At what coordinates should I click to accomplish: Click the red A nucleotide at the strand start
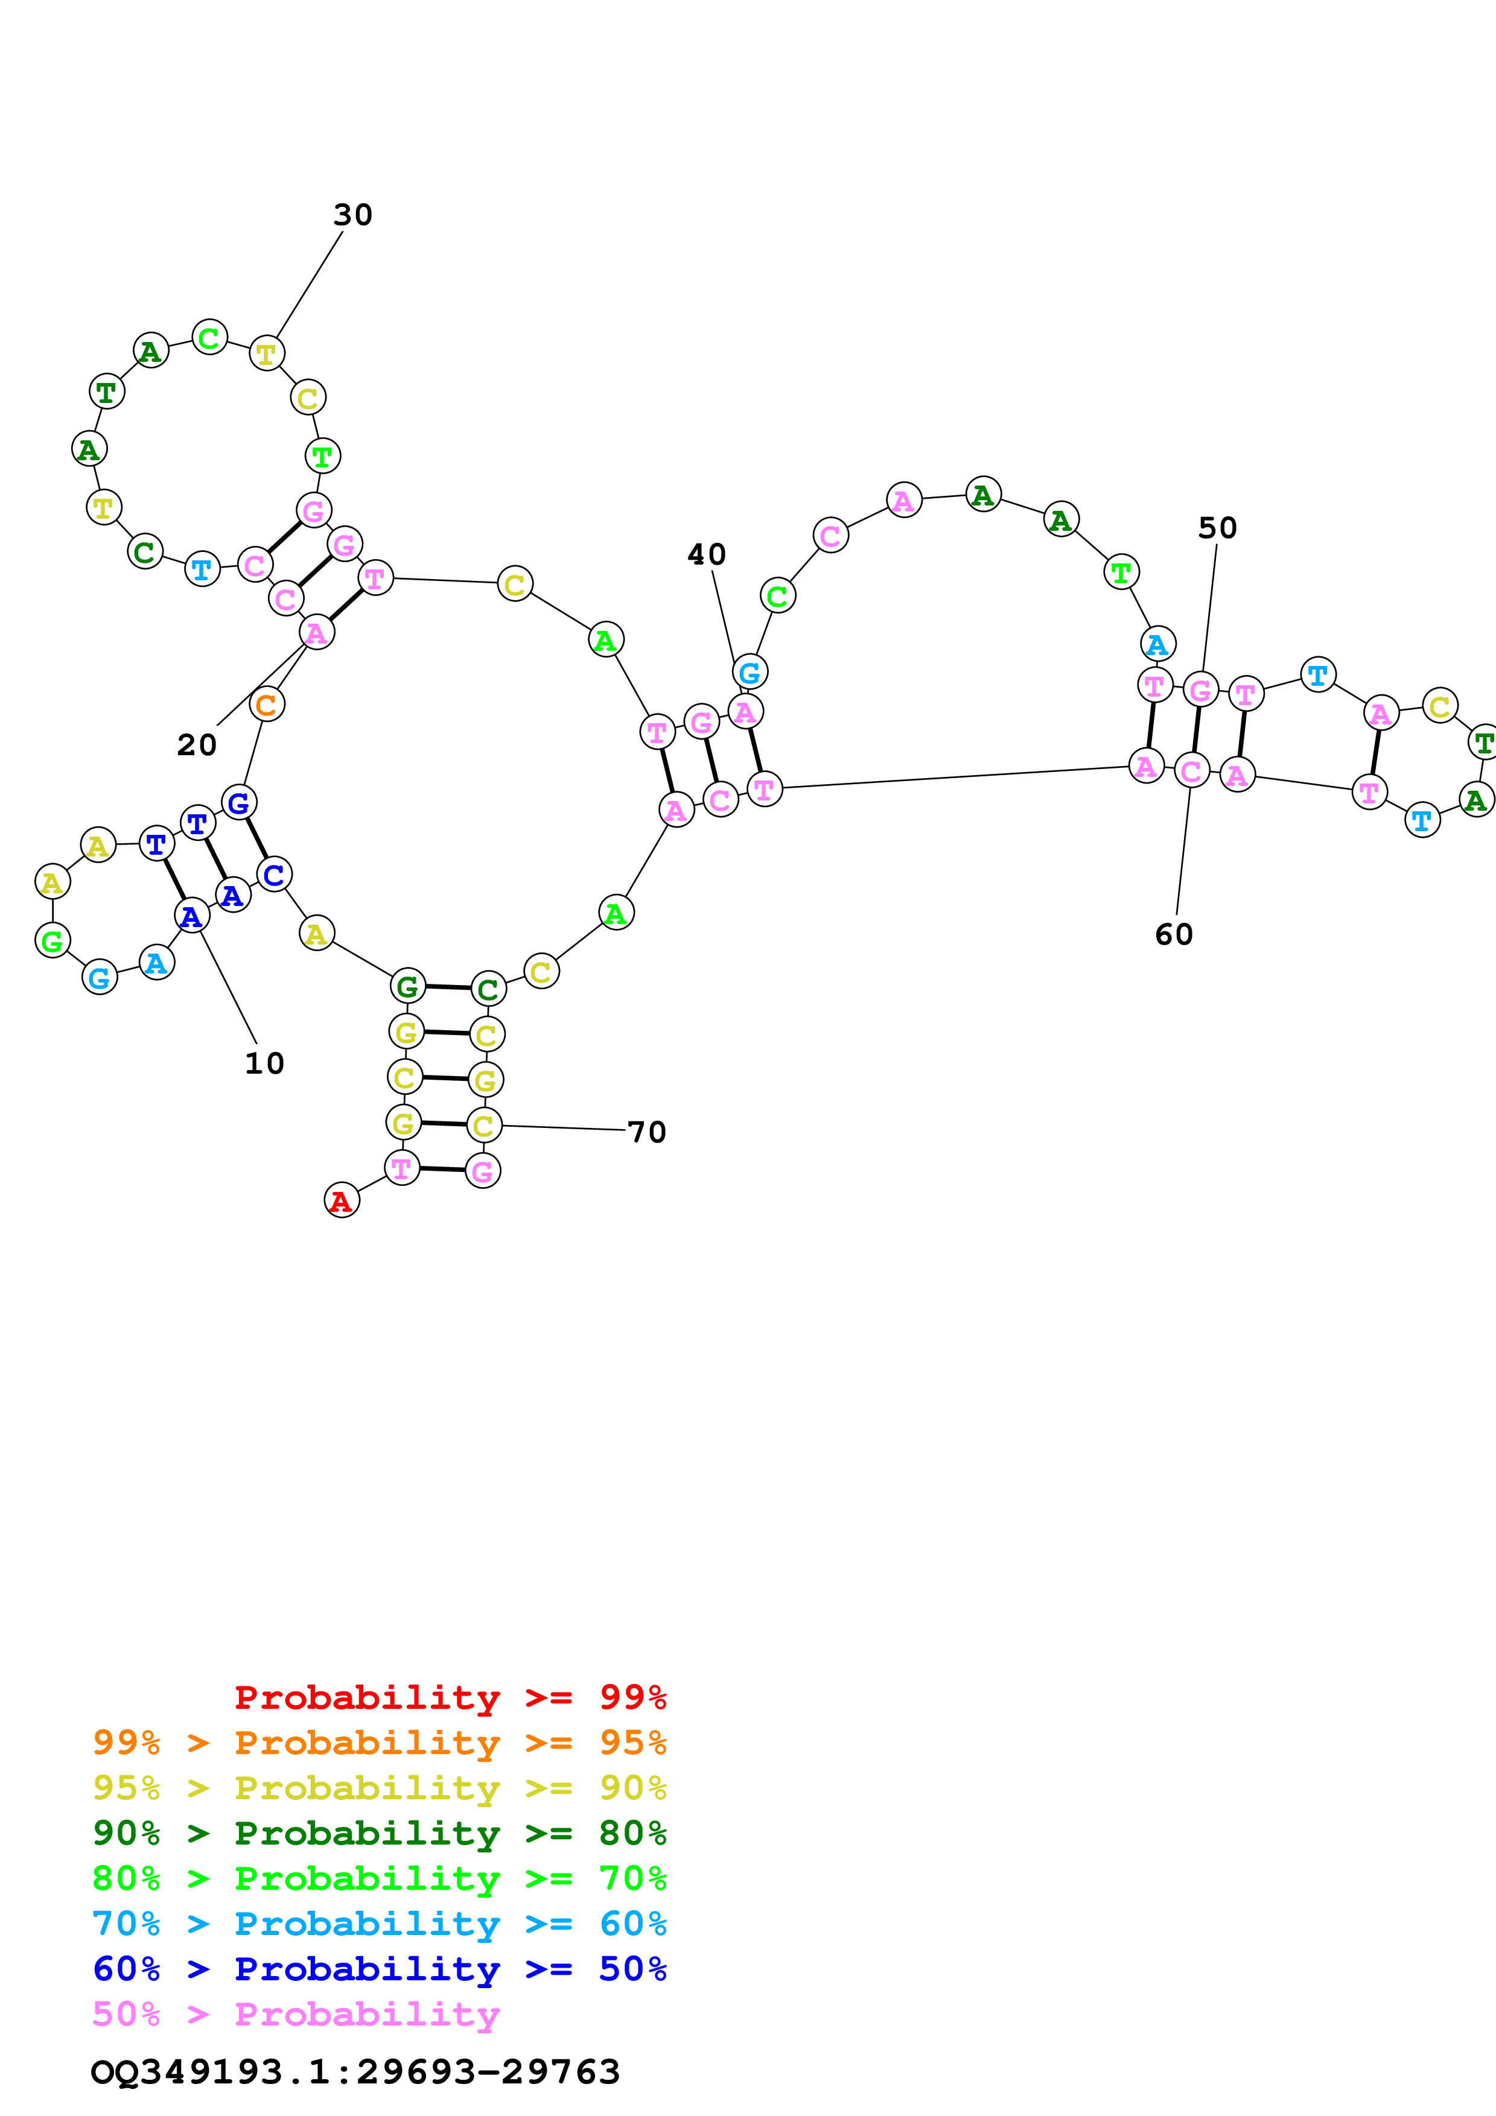[341, 1200]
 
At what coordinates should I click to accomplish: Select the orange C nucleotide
[266, 705]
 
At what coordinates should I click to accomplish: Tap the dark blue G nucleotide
[239, 803]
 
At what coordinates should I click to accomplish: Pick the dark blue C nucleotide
[274, 875]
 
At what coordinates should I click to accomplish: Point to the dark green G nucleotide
[407, 986]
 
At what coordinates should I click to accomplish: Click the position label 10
[264, 1063]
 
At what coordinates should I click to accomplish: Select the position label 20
[196, 745]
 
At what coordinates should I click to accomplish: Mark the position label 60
[1173, 934]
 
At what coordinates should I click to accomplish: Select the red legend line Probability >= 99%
[450, 1697]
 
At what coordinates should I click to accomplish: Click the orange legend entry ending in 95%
[380, 1742]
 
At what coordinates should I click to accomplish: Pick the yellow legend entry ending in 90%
[380, 1787]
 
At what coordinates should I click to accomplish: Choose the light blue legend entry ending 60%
[380, 1924]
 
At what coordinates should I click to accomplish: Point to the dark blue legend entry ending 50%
[380, 1969]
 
